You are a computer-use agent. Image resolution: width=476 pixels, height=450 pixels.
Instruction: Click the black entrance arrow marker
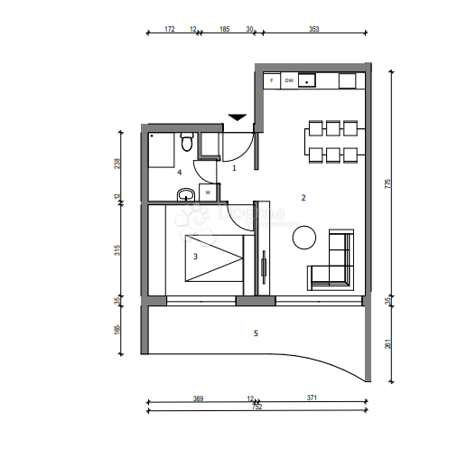pos(237,117)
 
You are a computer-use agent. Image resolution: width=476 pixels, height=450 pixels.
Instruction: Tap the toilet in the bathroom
pos(187,142)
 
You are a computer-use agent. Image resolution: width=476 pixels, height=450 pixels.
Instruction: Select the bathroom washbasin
pos(185,193)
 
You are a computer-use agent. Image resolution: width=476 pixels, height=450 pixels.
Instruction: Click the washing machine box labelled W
pos(208,192)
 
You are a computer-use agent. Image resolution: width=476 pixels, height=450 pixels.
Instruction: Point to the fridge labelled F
pos(273,80)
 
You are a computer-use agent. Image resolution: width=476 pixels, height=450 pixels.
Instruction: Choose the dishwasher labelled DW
pos(289,80)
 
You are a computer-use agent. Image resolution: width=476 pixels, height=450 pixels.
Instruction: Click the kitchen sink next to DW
pos(309,80)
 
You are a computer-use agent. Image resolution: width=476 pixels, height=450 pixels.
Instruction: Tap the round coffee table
pos(303,238)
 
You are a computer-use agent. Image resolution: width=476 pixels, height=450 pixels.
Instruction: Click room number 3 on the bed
pos(195,256)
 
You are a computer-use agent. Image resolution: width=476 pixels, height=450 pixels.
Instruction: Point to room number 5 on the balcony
pos(256,333)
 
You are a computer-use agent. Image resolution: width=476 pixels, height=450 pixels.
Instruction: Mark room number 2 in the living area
pos(303,197)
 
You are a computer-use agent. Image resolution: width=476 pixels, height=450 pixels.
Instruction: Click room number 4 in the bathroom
pos(180,172)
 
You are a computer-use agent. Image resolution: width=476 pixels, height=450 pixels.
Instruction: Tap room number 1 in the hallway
pos(235,167)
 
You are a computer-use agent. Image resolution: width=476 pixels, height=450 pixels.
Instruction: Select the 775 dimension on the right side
pos(388,183)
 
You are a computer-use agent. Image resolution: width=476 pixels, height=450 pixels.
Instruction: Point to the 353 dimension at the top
pos(313,30)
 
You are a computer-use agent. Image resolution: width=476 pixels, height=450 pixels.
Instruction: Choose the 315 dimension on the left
pos(117,250)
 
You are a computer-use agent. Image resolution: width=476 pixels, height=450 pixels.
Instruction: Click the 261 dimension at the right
pos(388,342)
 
